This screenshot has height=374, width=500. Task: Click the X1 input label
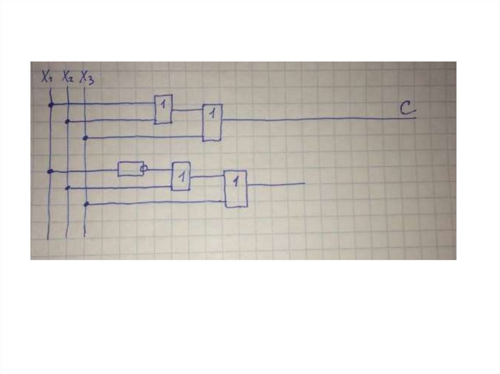click(x=47, y=77)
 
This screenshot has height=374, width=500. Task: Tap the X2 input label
click(x=67, y=77)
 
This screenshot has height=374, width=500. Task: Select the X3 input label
click(x=87, y=78)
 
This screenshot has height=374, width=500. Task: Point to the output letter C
click(x=407, y=109)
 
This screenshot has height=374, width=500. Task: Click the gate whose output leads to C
click(x=212, y=122)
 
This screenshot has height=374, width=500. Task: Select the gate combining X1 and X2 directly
click(x=164, y=109)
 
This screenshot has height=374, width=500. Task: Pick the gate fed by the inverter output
click(x=181, y=176)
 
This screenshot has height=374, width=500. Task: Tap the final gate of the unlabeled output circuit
click(x=236, y=189)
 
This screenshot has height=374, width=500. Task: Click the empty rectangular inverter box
click(x=130, y=169)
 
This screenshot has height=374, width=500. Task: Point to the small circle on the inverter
click(x=144, y=169)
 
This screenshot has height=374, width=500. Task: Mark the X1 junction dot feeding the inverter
click(x=50, y=171)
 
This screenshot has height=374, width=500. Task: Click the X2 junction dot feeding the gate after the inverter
click(x=68, y=188)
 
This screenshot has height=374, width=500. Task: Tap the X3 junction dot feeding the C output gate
click(x=85, y=138)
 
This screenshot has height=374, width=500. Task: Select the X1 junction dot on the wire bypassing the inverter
click(x=50, y=104)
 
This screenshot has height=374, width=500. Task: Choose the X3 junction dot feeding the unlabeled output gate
click(x=86, y=204)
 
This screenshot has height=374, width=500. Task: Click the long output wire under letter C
click(x=317, y=118)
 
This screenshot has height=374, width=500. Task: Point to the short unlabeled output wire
click(x=276, y=184)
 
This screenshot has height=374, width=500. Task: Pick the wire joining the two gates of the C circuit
click(x=187, y=110)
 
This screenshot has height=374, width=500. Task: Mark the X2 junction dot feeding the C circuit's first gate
click(x=68, y=121)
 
